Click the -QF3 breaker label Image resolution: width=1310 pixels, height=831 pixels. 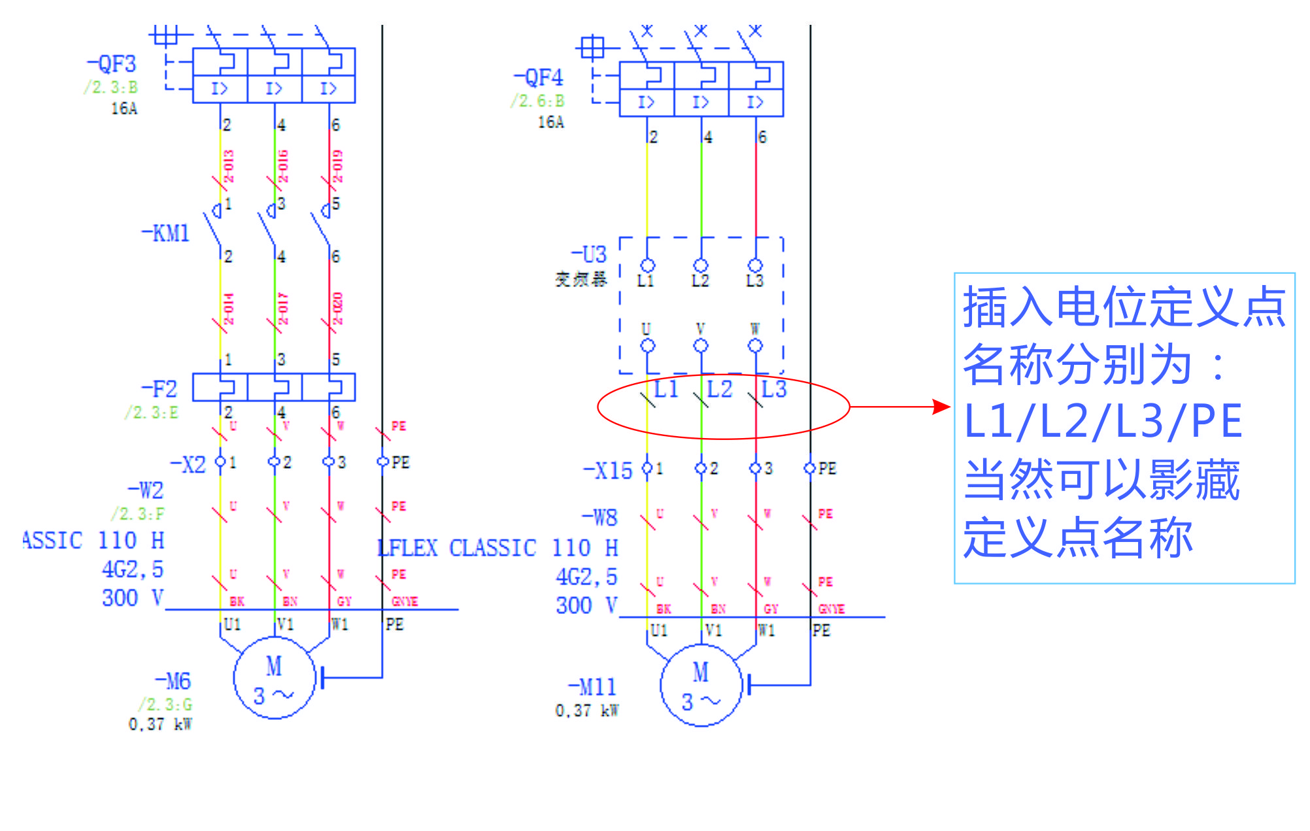point(112,64)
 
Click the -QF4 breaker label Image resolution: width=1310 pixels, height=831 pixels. point(539,78)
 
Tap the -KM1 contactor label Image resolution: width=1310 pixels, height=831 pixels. point(166,233)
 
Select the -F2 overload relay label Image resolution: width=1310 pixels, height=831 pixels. point(160,389)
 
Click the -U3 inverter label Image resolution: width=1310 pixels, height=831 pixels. point(589,254)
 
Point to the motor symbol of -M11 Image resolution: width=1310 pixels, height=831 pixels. point(701,686)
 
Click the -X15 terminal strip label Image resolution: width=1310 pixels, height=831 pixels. point(608,471)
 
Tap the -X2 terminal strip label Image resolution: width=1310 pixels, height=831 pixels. point(188,465)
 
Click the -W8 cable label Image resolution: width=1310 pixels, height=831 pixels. point(600,518)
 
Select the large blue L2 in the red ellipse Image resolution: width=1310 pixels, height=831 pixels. point(720,389)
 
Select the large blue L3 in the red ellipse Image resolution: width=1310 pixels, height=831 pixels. point(774,389)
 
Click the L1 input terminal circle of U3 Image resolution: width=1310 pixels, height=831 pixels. point(648,265)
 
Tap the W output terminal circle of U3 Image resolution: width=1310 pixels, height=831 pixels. point(756,345)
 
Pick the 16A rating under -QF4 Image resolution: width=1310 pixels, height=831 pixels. point(550,122)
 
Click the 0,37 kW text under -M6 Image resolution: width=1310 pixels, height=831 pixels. point(160,724)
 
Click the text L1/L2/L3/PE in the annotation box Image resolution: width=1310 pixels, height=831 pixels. point(1103,421)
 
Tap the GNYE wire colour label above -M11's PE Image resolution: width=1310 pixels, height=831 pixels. point(831,609)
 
